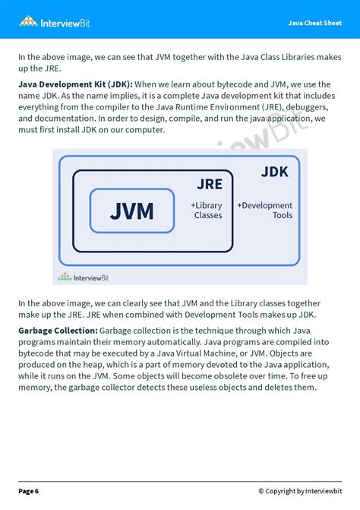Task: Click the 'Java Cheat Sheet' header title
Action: click(x=314, y=23)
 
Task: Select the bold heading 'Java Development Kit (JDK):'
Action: click(x=75, y=84)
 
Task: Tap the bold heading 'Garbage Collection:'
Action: click(x=57, y=331)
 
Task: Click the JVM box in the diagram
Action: click(x=131, y=211)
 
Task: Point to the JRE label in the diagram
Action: click(x=210, y=185)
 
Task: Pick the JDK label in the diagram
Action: click(x=274, y=172)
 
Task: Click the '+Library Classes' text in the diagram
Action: click(x=207, y=211)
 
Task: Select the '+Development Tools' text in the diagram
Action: click(x=265, y=211)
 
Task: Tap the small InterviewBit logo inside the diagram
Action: click(x=84, y=277)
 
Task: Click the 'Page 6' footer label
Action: click(x=29, y=490)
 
